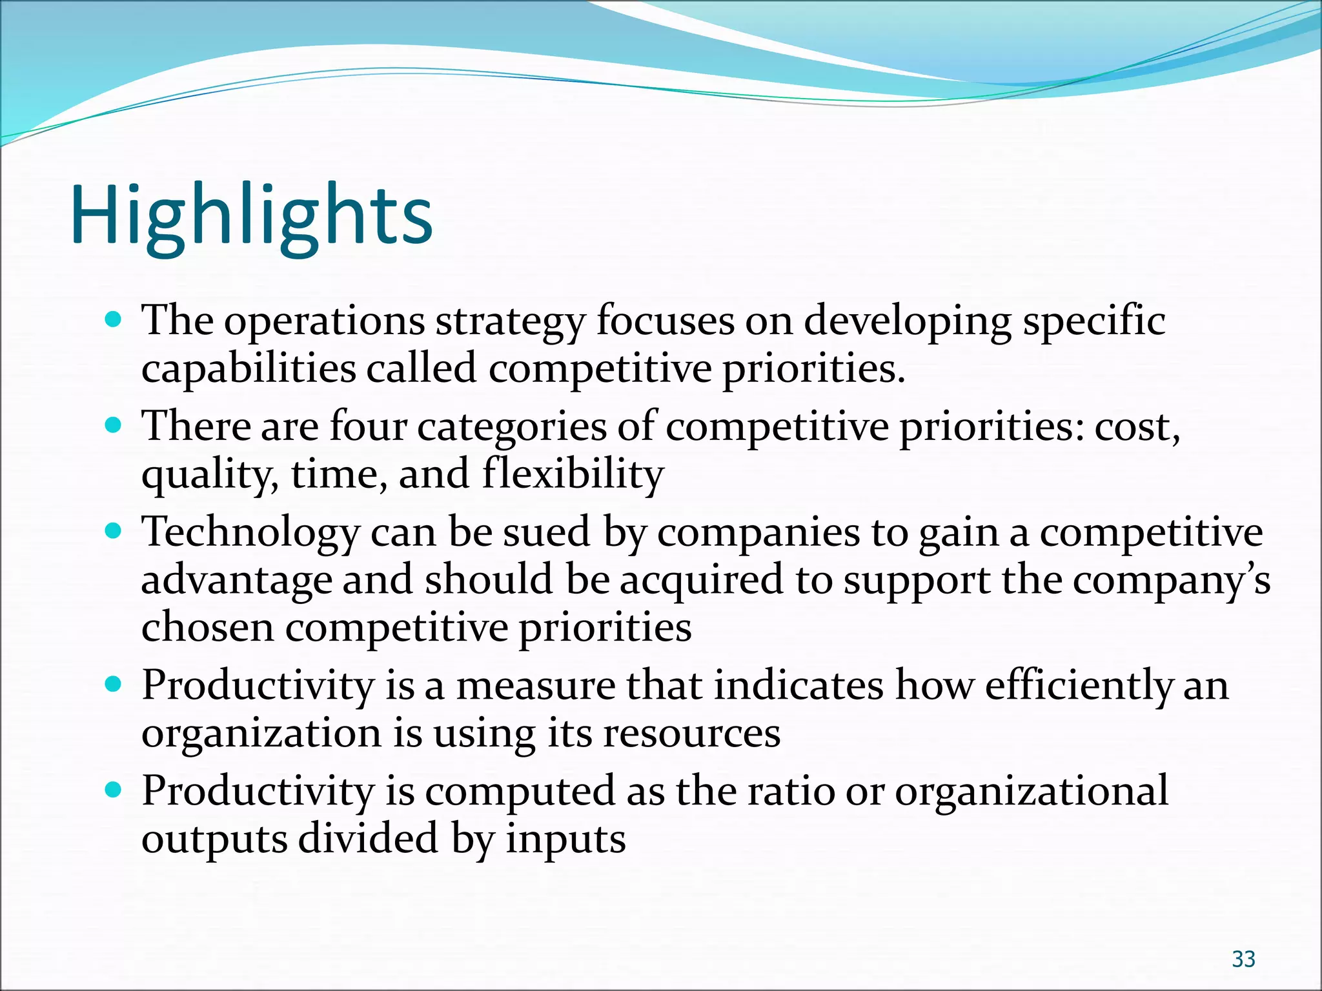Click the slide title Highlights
click(x=251, y=216)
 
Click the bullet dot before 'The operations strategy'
click(x=113, y=319)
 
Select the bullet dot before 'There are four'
click(x=113, y=425)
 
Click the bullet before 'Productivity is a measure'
click(x=113, y=684)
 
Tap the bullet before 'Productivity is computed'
click(x=113, y=790)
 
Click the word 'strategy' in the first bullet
click(x=510, y=321)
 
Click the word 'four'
click(x=368, y=426)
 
